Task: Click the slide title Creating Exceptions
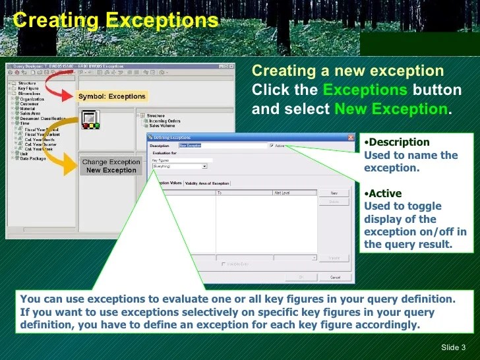pyautogui.click(x=115, y=20)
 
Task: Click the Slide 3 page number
pyautogui.click(x=453, y=347)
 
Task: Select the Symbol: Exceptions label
pyautogui.click(x=111, y=96)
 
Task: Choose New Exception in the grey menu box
pyautogui.click(x=111, y=170)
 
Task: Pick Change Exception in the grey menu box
pyautogui.click(x=111, y=162)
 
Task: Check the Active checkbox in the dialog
pyautogui.click(x=272, y=146)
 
